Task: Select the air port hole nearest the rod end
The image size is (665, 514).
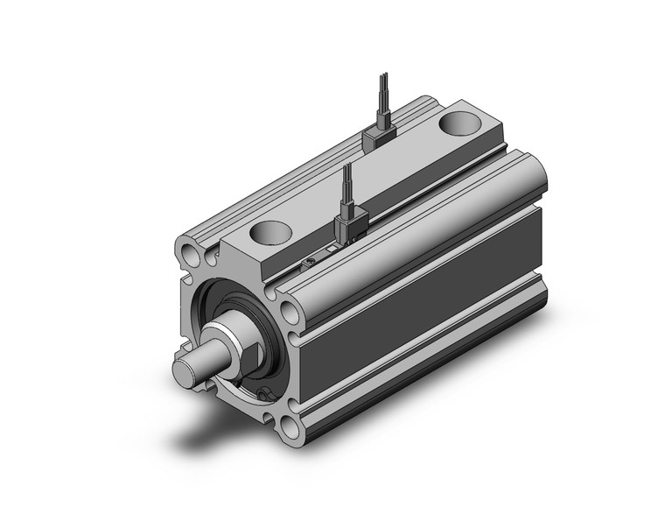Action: (269, 233)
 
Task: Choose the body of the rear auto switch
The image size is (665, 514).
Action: (378, 136)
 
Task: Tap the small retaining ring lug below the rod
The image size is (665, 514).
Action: (263, 395)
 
